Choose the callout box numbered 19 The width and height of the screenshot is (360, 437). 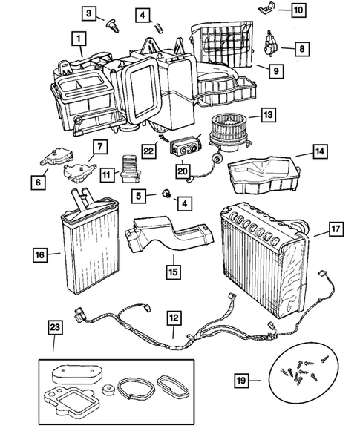[x=240, y=382]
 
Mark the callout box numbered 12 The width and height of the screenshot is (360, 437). [x=172, y=318]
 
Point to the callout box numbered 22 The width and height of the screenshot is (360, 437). [x=149, y=149]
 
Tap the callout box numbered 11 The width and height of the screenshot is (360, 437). [x=108, y=175]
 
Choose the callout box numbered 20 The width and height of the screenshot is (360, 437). [x=182, y=171]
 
